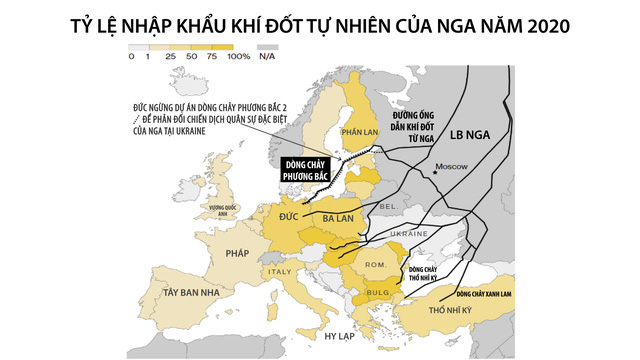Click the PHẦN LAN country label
click(357, 130)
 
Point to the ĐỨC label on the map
click(291, 215)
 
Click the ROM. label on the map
click(374, 264)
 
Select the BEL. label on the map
click(388, 206)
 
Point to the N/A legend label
click(267, 57)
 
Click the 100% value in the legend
click(238, 57)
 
